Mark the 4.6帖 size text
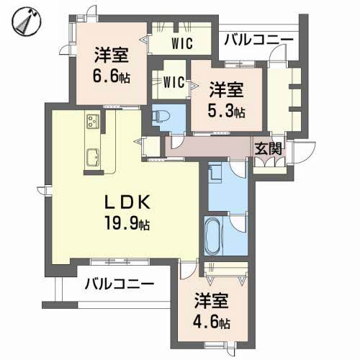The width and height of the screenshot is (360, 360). [x=212, y=322]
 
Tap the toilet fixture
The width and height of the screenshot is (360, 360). [x=162, y=115]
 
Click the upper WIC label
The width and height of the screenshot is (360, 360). [x=181, y=43]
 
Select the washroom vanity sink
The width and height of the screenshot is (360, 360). [x=215, y=174]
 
